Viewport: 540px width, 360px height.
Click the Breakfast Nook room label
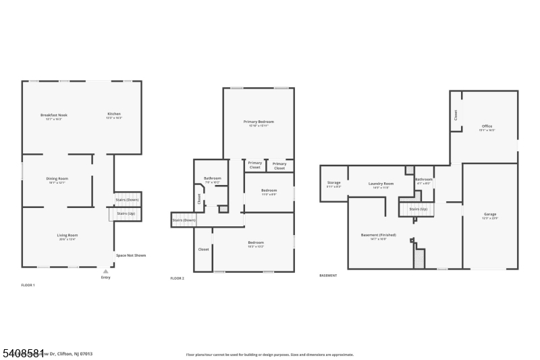pyautogui.click(x=54, y=115)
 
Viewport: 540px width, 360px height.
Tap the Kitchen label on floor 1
pyautogui.click(x=114, y=113)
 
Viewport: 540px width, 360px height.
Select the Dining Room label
pyautogui.click(x=57, y=178)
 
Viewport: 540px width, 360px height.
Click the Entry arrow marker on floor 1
pyautogui.click(x=105, y=272)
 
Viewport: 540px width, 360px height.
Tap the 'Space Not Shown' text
pyautogui.click(x=131, y=255)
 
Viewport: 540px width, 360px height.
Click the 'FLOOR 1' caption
pyautogui.click(x=28, y=286)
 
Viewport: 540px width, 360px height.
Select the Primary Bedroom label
pyautogui.click(x=259, y=122)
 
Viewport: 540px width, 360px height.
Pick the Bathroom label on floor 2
pyautogui.click(x=213, y=178)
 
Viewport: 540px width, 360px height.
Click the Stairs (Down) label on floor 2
pyautogui.click(x=184, y=220)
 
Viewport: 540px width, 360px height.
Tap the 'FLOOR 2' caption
pyautogui.click(x=177, y=278)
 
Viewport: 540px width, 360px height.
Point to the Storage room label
pyautogui.click(x=334, y=182)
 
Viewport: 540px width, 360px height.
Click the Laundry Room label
pyautogui.click(x=381, y=184)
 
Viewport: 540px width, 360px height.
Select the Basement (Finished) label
pyautogui.click(x=378, y=235)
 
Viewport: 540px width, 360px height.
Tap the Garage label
pyautogui.click(x=489, y=214)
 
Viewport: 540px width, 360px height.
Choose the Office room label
pyautogui.click(x=487, y=126)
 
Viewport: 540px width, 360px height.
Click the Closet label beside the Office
pyautogui.click(x=456, y=115)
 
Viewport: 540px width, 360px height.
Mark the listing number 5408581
pyautogui.click(x=23, y=353)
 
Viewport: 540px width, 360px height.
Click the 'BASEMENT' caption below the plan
pyautogui.click(x=328, y=276)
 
